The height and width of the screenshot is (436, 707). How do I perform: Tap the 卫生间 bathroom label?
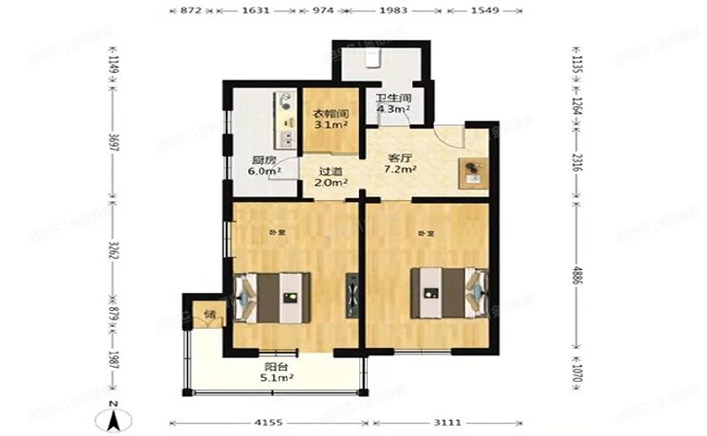(391, 98)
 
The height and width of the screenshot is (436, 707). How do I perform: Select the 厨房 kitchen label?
(264, 159)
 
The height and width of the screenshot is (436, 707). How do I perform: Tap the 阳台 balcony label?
(278, 364)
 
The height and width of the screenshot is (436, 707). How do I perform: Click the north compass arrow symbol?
(112, 413)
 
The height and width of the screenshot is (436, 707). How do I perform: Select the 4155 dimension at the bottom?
(267, 424)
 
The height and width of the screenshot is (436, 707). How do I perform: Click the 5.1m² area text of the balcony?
(278, 376)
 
